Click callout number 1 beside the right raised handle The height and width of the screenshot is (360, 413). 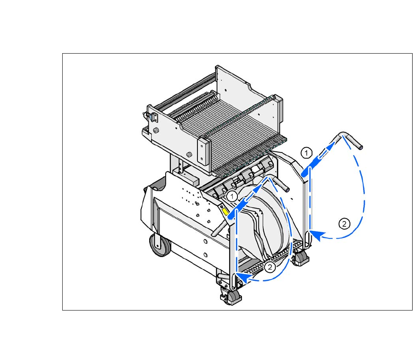[x=306, y=153]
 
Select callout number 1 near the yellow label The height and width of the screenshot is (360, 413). [x=232, y=196]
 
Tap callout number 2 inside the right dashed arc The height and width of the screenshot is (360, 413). [x=344, y=224]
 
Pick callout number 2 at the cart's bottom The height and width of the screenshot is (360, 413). [x=270, y=267]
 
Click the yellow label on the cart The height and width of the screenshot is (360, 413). [x=225, y=212]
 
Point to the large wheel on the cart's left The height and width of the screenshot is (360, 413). [x=160, y=245]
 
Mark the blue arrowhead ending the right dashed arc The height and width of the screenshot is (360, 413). [x=317, y=235]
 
